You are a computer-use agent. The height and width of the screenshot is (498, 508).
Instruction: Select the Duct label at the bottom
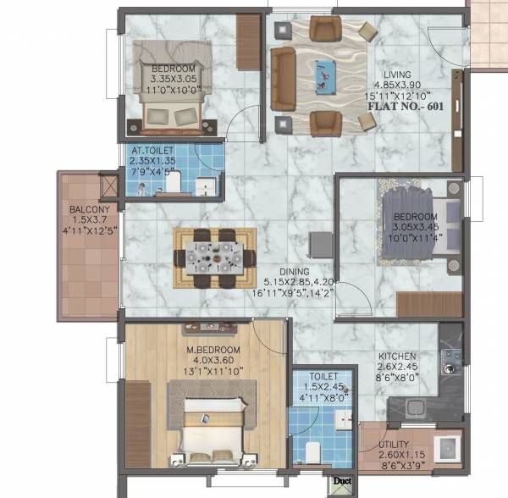click(x=343, y=479)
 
